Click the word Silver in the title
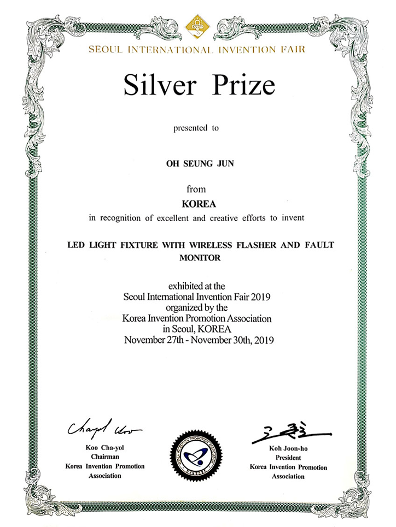tap(154, 86)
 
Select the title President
tap(288, 459)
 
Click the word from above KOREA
tap(196, 190)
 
